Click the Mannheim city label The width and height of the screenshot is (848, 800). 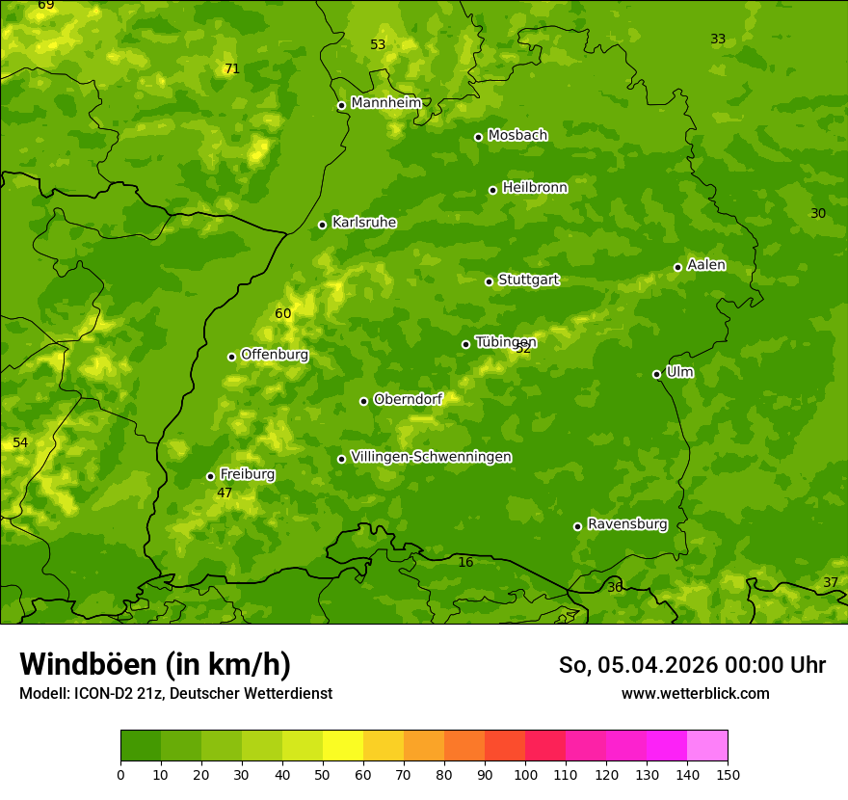pos(385,103)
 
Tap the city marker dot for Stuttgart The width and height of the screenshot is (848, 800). pos(489,281)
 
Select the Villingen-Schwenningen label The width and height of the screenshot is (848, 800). pos(431,457)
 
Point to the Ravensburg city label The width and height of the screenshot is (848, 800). pos(626,524)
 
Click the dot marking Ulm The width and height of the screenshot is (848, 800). pos(656,374)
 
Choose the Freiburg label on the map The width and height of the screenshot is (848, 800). pos(247,474)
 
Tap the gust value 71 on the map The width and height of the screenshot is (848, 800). pos(231,68)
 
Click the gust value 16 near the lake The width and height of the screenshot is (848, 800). pos(465,562)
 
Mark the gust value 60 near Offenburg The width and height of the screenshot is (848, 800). pos(282,313)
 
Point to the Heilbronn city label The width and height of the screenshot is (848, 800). pos(535,188)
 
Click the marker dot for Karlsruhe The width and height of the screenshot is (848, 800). pos(322,225)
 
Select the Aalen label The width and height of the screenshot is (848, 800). pos(706,265)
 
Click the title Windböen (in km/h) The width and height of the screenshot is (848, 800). pos(155,664)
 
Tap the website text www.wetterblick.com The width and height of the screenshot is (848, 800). pos(695,693)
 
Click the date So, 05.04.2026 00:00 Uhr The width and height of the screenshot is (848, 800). pos(692,665)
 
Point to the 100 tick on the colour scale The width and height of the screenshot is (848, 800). pos(525,774)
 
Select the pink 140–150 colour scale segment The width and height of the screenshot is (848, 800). pos(707,746)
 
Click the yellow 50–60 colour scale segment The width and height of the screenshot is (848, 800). pos(343,746)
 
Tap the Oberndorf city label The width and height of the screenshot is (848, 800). pos(408,399)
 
